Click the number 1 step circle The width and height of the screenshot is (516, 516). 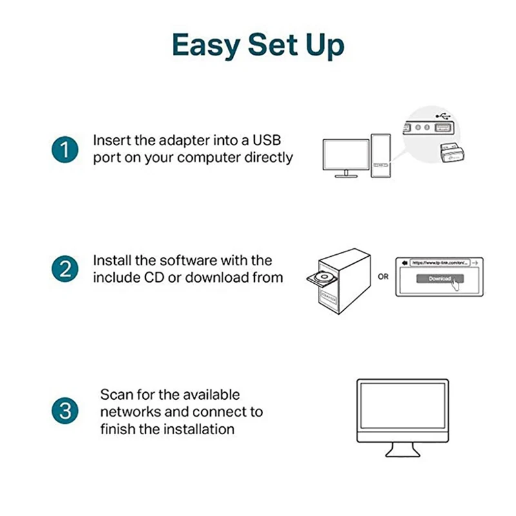[64, 150]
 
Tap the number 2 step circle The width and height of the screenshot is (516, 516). [64, 269]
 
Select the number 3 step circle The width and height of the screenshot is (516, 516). [64, 411]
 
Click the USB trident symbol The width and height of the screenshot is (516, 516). [442, 116]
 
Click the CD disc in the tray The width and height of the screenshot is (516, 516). [321, 278]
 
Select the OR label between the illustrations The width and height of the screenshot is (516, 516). [383, 277]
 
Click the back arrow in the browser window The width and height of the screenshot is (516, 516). [404, 263]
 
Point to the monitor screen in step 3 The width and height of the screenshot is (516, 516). [402, 410]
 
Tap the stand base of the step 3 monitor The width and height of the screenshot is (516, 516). [402, 454]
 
